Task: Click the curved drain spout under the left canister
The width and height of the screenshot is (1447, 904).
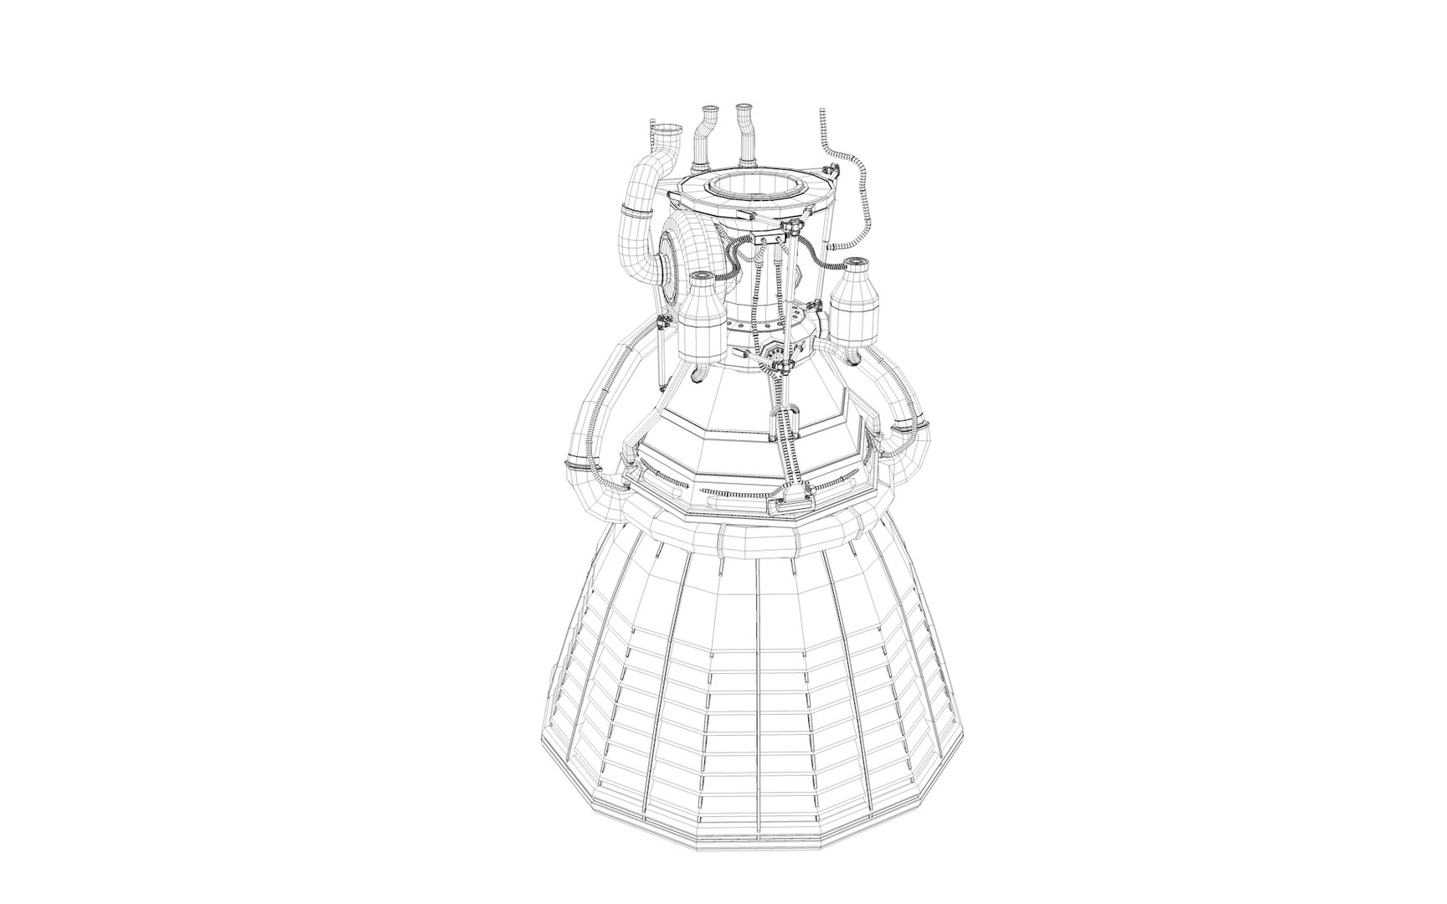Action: [699, 371]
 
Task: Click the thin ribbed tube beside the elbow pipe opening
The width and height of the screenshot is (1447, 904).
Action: [652, 138]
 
